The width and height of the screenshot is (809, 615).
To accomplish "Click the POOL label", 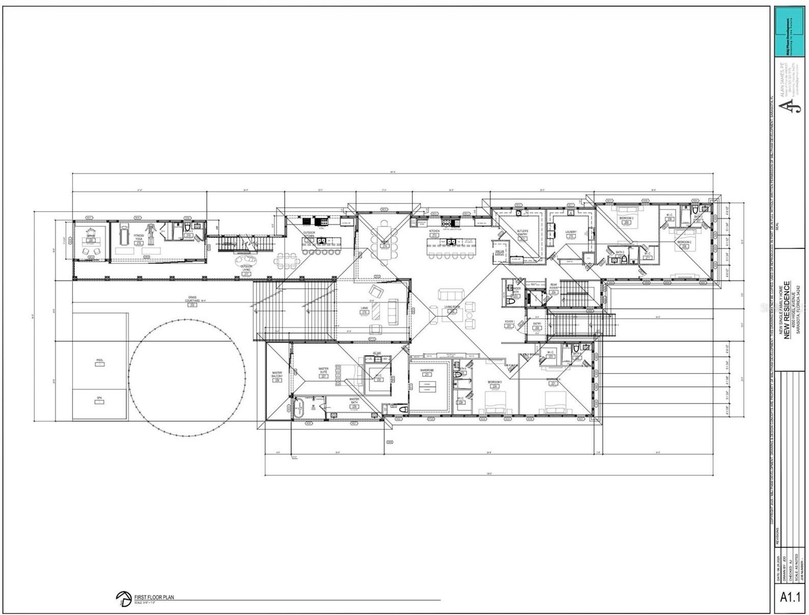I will pos(100,360).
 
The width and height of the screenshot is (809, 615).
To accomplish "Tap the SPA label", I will pos(99,398).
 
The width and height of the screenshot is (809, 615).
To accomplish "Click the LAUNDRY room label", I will pos(570,232).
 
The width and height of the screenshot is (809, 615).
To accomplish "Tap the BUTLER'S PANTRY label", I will pos(522,234).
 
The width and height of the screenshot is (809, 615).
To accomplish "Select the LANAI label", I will pos(364,309).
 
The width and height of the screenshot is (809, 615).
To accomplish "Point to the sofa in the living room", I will pos(450,295).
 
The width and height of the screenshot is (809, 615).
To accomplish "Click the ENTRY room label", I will pos(537,324).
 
